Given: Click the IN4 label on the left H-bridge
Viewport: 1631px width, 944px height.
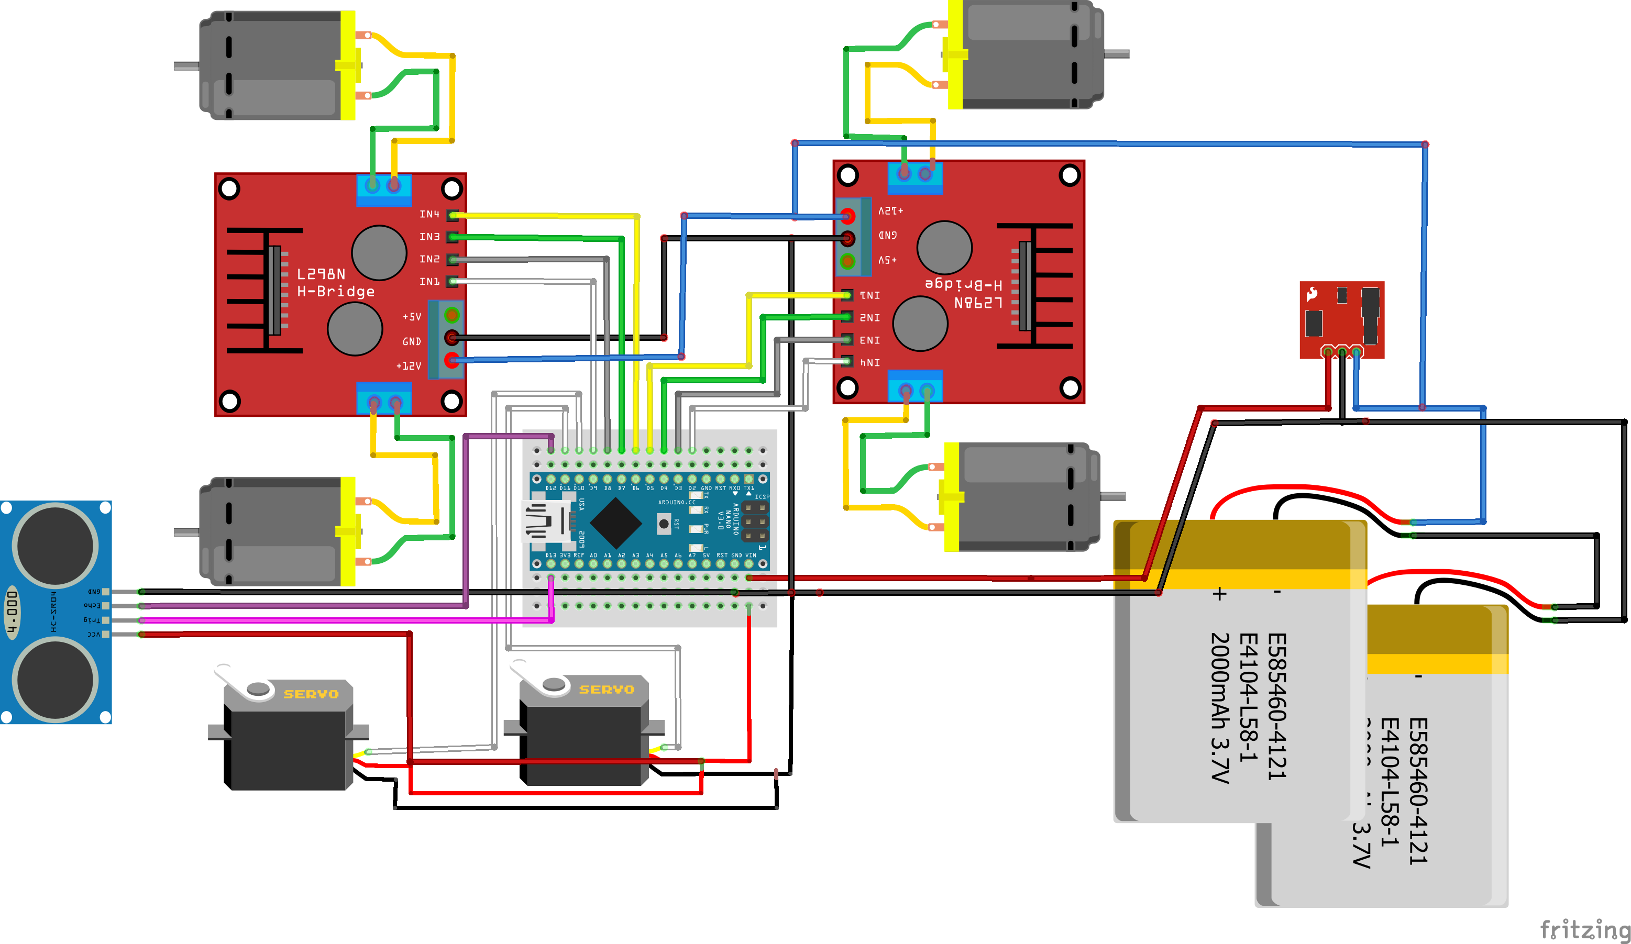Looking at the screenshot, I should [429, 214].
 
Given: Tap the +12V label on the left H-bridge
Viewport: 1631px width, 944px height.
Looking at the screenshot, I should [409, 366].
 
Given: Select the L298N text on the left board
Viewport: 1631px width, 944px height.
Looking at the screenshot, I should [321, 274].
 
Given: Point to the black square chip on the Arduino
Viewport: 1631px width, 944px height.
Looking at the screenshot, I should [615, 523].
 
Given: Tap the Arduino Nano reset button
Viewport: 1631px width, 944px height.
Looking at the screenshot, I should [664, 523].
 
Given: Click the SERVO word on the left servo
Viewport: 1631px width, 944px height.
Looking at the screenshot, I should [311, 694].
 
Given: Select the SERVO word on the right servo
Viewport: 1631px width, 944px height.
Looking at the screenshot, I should [607, 690].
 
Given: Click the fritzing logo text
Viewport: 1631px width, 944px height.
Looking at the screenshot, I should [1584, 929].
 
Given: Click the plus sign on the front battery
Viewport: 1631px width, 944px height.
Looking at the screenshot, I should [1219, 593].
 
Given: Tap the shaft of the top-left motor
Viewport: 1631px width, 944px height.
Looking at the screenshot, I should [186, 66].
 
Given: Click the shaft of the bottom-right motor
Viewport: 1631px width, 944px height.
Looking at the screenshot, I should [1112, 496].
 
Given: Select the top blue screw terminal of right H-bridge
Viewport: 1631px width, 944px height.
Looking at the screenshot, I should [914, 175].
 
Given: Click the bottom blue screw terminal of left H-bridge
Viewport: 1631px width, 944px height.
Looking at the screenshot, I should [384, 399].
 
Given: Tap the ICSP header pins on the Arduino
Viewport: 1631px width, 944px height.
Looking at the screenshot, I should [755, 521].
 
